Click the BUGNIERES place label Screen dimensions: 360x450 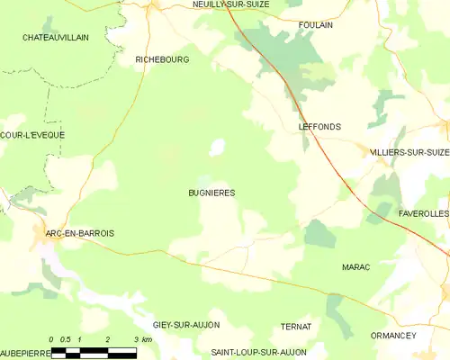click(x=211, y=193)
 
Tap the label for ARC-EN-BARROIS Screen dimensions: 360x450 click(x=80, y=233)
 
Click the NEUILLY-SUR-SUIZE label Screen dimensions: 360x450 click(x=230, y=4)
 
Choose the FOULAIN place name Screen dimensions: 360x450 click(x=315, y=25)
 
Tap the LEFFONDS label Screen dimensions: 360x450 click(x=319, y=128)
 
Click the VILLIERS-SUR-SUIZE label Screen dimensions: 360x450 click(x=409, y=154)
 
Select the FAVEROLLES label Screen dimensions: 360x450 click(x=423, y=215)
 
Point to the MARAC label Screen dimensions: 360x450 click(x=355, y=267)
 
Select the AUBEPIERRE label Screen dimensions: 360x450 click(x=22, y=352)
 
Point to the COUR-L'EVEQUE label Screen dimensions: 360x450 click(x=32, y=135)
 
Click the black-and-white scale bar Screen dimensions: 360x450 click(x=94, y=352)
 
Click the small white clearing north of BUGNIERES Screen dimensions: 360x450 click(x=217, y=147)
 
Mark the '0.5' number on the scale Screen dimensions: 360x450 click(x=66, y=337)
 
